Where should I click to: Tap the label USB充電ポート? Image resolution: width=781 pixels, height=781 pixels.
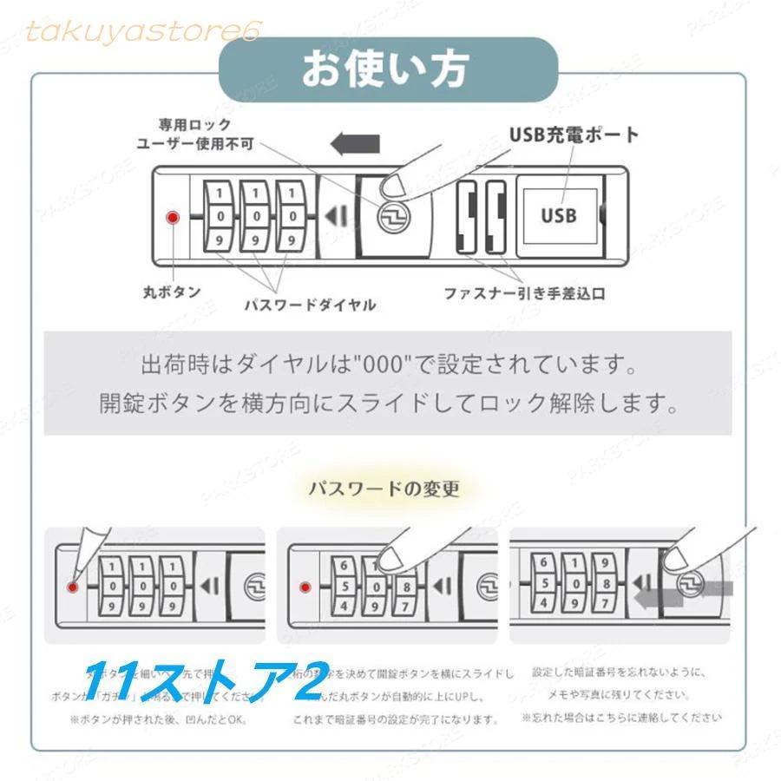click(x=574, y=135)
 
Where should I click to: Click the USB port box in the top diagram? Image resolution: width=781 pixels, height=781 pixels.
click(x=559, y=214)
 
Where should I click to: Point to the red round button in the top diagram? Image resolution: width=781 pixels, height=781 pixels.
click(x=173, y=217)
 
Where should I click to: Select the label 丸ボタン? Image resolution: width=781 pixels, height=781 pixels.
click(x=172, y=292)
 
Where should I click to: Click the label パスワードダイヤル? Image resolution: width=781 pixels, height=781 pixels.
click(x=310, y=305)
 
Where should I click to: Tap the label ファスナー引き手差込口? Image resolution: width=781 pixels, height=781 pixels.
click(x=524, y=294)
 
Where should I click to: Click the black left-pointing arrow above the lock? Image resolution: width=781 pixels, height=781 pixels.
click(x=356, y=142)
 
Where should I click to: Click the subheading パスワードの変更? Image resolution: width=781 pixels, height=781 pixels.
click(x=384, y=489)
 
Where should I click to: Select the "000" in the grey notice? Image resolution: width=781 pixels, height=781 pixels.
click(x=378, y=362)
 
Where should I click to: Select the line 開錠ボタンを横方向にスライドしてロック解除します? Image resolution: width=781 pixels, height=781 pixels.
click(x=388, y=404)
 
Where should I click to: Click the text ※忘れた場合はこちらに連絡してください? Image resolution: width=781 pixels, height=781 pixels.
click(x=621, y=718)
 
